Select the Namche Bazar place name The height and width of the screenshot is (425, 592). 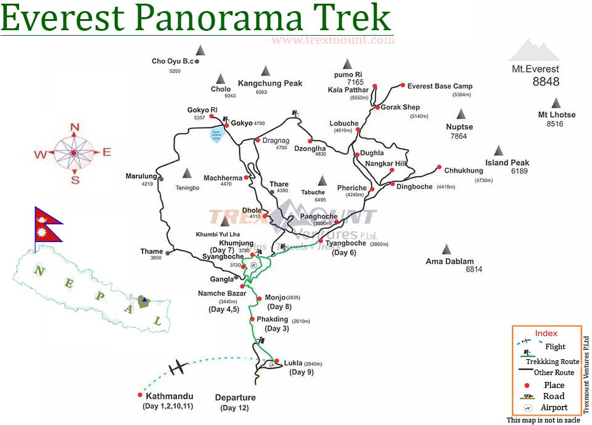pos(222,293)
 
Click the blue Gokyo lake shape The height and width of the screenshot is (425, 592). pos(216,134)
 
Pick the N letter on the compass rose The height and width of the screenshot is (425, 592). pos(75,128)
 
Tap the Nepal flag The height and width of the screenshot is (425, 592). pos(47,225)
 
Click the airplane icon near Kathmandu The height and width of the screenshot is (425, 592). pos(178,368)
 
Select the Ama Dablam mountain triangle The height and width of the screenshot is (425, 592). pos(446,249)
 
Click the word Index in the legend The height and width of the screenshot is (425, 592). pos(546,333)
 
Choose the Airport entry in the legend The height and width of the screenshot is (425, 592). pos(553,408)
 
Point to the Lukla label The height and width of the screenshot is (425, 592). pos(293,363)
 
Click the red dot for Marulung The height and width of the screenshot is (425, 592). pos(161,179)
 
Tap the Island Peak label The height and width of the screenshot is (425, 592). pos(508,163)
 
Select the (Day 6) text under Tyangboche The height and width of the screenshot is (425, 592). pos(344,253)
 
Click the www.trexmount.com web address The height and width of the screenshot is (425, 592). pos(332,41)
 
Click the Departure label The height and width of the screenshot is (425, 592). pos(235,397)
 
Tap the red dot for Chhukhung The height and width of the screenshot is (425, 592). pos(438,167)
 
